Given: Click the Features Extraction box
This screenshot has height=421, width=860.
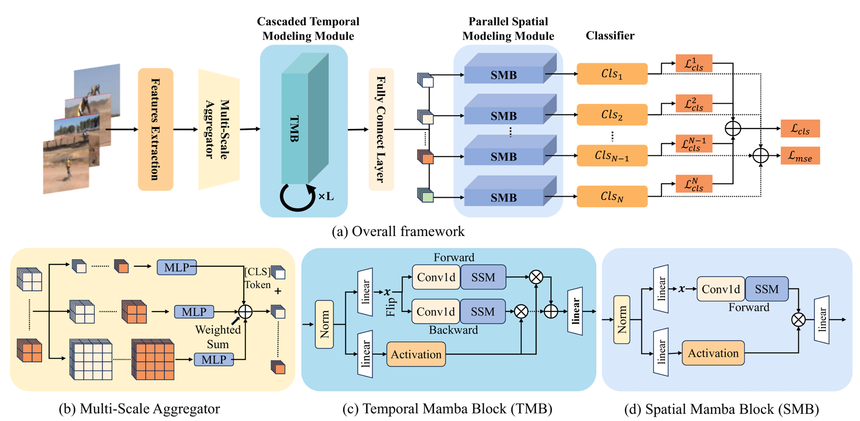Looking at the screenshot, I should point(156,129).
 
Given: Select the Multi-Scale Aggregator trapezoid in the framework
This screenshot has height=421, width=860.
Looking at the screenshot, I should point(219,129).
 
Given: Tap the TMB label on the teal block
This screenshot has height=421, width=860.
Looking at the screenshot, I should point(294,129).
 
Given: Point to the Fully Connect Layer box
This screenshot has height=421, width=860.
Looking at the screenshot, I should point(381,129).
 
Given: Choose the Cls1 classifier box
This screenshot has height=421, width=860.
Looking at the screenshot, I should point(612,74).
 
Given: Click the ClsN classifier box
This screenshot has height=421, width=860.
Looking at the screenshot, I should point(612,197).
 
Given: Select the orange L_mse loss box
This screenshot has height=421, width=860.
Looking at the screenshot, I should point(800,156).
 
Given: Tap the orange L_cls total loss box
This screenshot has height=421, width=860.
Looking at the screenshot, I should point(800,128).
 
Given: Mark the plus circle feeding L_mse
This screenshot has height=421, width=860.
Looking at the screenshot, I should point(760,156).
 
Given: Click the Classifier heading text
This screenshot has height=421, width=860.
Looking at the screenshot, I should point(609,36).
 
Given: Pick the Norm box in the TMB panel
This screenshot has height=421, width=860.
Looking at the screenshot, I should point(324,324).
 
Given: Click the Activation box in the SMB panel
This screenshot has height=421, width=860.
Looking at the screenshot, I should point(713,353).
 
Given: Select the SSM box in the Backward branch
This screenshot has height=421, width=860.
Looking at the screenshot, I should point(483,311).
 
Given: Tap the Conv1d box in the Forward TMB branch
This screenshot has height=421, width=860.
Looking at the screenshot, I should point(436,277).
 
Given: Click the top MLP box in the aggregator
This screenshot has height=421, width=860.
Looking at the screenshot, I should point(177,267).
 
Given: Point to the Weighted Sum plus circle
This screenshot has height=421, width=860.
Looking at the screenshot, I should point(245,311).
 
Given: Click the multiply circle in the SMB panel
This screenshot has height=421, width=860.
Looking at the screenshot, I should point(798,320).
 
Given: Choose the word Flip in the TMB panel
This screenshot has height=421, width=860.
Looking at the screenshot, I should point(391,307).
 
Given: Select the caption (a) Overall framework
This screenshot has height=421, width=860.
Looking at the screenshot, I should point(398,232).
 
